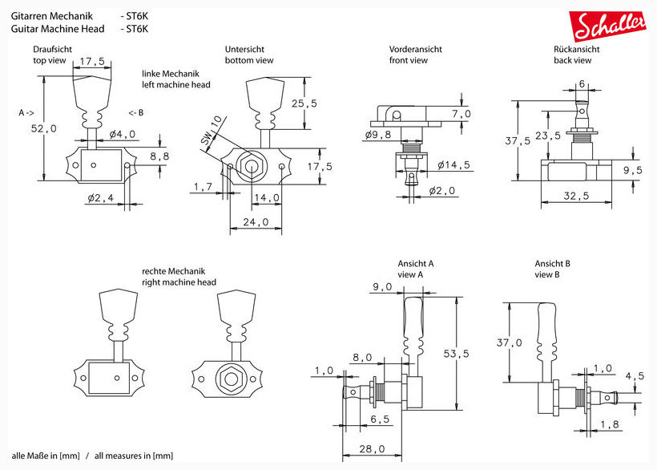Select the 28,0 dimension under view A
(371, 449)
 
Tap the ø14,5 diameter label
(453, 165)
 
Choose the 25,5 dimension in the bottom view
(304, 103)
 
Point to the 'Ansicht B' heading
(553, 264)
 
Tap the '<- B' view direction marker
(135, 112)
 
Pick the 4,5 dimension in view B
(635, 375)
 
